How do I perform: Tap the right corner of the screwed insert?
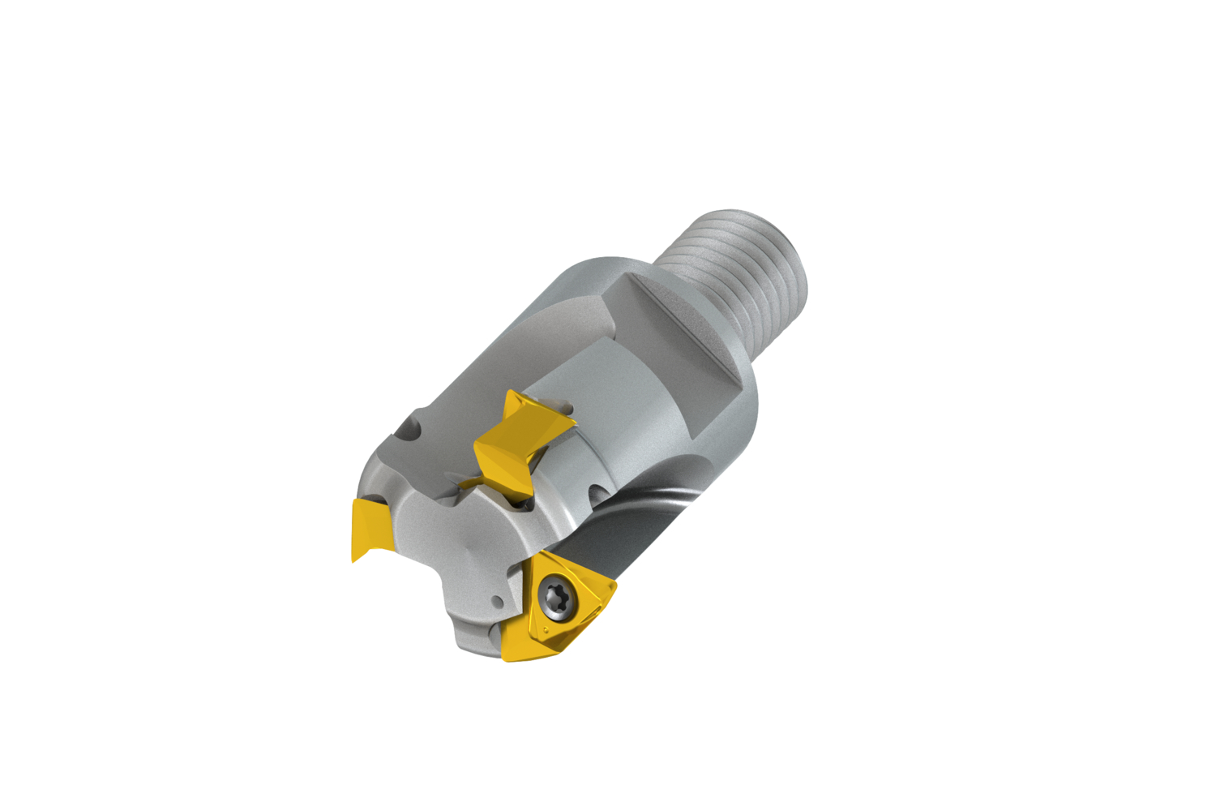point(614,584)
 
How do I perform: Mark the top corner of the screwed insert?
point(541,555)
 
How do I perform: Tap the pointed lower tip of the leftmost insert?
point(354,560)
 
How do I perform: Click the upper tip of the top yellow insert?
point(510,393)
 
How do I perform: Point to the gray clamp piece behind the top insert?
point(559,405)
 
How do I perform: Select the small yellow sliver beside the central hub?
point(470,484)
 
